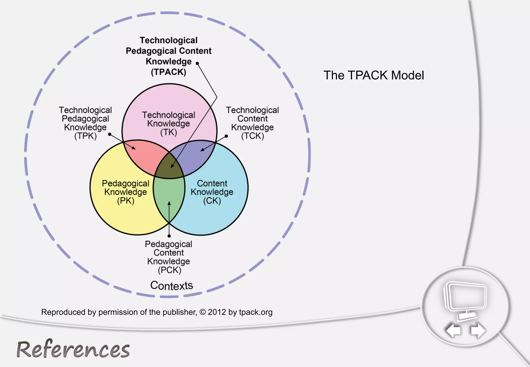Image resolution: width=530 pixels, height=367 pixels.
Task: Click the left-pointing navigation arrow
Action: (453, 330)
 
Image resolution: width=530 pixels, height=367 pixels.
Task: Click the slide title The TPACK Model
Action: (374, 75)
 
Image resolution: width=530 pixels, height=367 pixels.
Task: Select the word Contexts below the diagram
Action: (172, 285)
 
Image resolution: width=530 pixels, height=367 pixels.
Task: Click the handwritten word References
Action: (73, 349)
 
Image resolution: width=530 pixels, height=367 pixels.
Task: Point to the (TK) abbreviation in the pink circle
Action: (168, 133)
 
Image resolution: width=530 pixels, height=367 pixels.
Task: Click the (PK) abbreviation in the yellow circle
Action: (126, 201)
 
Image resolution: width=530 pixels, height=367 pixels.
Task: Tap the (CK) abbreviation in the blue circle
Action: (212, 201)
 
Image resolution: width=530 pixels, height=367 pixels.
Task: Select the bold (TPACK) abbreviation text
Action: (168, 72)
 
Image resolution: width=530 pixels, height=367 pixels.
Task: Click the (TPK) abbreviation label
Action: (85, 136)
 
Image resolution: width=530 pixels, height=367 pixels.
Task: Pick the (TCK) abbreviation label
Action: (253, 136)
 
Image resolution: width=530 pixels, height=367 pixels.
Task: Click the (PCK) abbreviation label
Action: (170, 270)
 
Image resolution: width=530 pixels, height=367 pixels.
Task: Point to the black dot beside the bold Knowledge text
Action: (197, 63)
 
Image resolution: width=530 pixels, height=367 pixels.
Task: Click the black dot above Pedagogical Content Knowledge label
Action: (169, 236)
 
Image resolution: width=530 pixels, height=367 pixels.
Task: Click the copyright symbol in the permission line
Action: (203, 312)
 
